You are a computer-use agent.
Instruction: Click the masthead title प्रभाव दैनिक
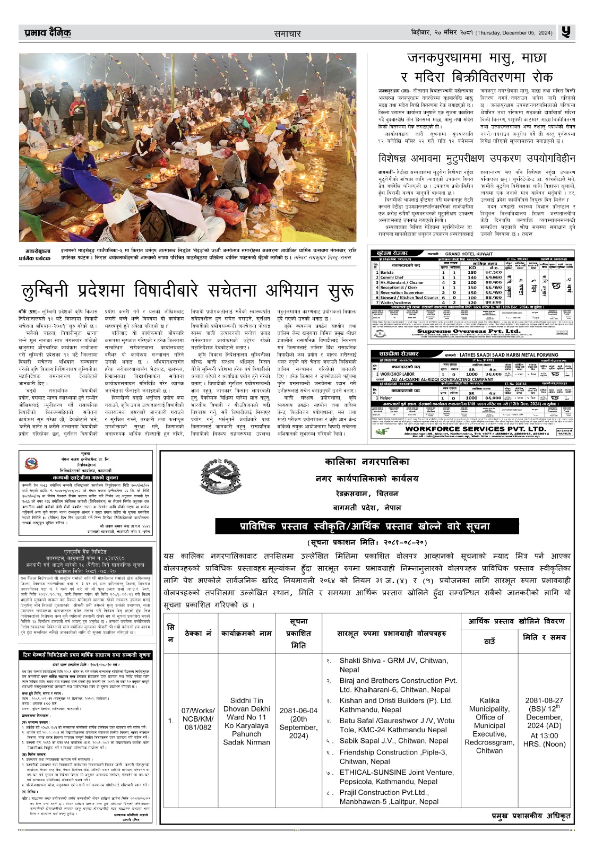coord(47,33)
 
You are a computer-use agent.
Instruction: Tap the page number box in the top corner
coord(566,32)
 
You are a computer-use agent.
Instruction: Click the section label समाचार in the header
coord(287,33)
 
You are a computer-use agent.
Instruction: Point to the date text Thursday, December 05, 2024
coord(514,33)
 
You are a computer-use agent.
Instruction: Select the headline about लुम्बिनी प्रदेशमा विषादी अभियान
coord(187,291)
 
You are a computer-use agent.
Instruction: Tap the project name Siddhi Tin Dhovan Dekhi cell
coord(247,721)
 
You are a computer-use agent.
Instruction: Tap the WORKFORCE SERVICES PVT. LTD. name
coord(475,429)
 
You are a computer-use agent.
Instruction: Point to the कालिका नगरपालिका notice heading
coord(367,462)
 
